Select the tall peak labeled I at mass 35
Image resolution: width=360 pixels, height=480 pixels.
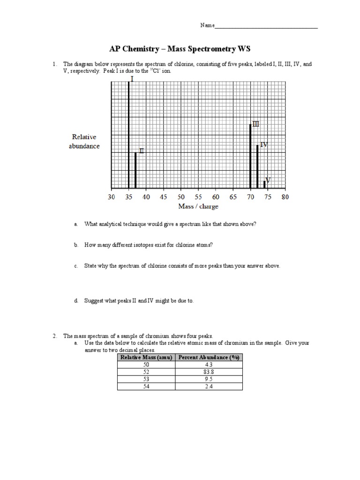pos(128,136)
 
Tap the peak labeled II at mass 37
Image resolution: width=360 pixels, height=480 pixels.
pos(135,170)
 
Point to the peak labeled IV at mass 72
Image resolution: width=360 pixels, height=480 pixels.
pos(257,167)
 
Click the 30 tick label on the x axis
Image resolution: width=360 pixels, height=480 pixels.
pos(111,197)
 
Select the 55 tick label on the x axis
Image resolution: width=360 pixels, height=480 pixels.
pos(198,197)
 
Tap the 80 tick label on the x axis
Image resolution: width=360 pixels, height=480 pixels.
pos(285,197)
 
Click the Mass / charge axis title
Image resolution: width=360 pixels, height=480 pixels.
pos(198,206)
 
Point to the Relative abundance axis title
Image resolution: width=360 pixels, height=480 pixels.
pos(85,142)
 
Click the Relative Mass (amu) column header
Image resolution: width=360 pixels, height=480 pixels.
pos(146,357)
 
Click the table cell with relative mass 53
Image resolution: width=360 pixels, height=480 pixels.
pos(146,379)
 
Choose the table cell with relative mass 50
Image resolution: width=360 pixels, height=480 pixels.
pos(146,364)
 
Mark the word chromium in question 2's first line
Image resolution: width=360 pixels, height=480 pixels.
pos(151,336)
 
